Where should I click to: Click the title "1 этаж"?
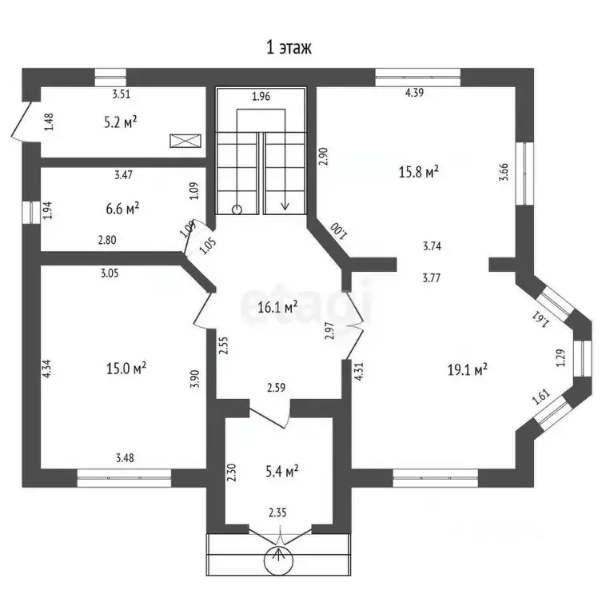pos(289,48)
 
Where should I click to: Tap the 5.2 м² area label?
pos(121,122)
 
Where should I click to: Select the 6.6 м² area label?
pos(122,209)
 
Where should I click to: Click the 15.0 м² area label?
pos(126,368)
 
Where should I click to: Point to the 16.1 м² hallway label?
pos(277,307)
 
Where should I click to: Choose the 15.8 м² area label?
pos(418,172)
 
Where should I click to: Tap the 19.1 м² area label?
pos(467,369)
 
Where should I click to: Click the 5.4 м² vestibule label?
pos(282,471)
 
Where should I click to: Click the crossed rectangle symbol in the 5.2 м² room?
pos(185,141)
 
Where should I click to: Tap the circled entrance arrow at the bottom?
pos(278,560)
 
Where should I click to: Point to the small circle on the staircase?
pos(237,210)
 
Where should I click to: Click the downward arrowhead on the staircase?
pos(285,205)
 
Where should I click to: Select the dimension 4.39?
pos(414,93)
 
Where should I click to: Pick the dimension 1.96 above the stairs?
pos(261,96)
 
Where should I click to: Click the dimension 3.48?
pos(125,457)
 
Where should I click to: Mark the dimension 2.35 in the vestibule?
pos(277,512)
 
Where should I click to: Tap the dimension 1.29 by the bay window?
pos(560,357)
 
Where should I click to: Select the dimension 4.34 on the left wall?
pos(46,369)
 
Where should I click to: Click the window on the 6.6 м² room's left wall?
pos(31,213)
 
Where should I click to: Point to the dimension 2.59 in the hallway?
pos(276,388)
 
